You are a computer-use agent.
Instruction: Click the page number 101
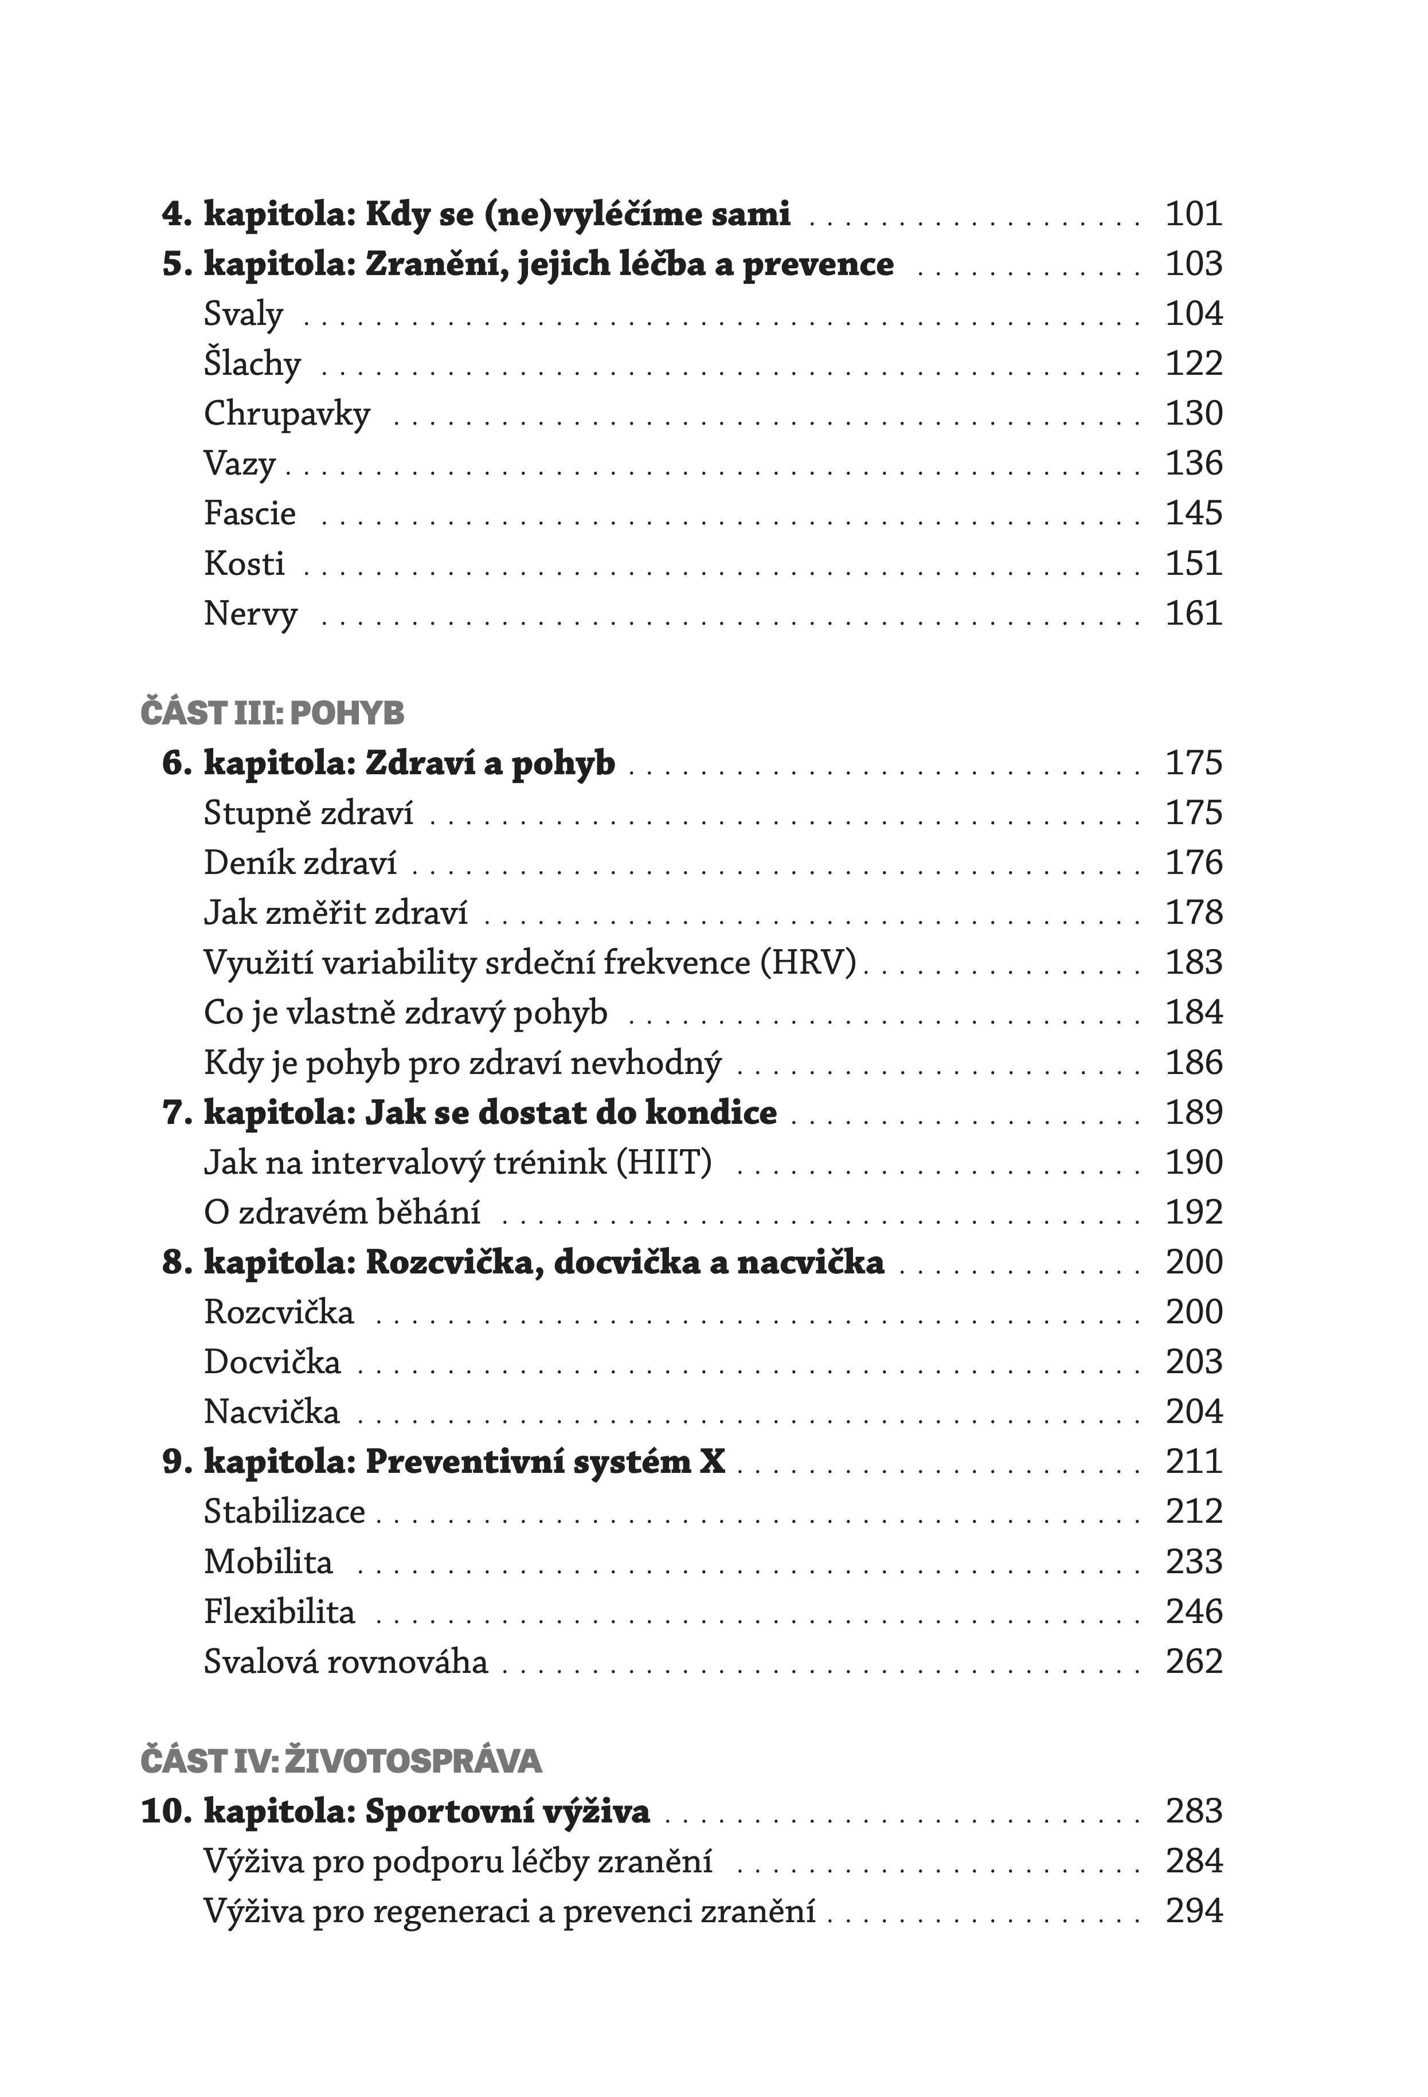[1194, 214]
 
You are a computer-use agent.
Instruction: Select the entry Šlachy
[252, 363]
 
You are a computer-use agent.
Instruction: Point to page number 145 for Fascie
[1194, 514]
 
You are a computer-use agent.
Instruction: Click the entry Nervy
[250, 614]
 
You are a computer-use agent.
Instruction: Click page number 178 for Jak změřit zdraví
[1194, 912]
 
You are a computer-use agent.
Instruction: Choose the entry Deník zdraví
[300, 863]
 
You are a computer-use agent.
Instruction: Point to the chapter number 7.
[173, 1112]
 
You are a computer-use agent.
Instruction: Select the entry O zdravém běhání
[341, 1212]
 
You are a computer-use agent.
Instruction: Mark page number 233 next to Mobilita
[1194, 1561]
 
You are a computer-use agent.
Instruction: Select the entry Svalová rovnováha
[345, 1661]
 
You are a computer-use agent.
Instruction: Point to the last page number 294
[1194, 1911]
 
